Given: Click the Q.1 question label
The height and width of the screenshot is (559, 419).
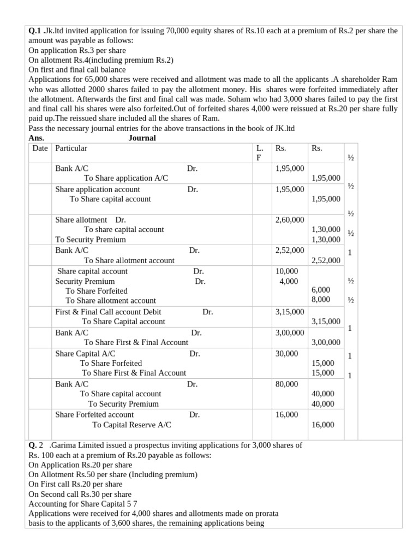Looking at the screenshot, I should (34, 31).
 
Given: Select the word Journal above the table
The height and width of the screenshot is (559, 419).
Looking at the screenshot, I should (142, 138).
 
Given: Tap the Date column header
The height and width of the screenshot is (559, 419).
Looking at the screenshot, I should (40, 148).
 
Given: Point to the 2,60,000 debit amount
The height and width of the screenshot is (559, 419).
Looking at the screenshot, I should (290, 219).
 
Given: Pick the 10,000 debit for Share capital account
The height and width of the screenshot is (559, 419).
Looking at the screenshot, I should (287, 271).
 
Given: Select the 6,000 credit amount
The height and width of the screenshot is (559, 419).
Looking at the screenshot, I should (320, 290).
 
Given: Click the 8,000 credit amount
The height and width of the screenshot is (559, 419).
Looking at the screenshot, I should (320, 300).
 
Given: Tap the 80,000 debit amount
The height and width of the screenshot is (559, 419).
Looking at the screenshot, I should (286, 384).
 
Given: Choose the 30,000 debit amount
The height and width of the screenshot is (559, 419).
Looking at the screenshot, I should (286, 354).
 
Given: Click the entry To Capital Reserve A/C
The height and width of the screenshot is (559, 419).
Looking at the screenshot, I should (131, 425).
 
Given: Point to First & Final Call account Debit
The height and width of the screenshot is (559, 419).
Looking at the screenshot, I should (108, 312).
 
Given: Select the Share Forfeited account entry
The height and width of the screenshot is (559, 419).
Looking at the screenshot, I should (94, 415).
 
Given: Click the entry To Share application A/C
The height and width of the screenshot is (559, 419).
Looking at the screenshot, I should (126, 178).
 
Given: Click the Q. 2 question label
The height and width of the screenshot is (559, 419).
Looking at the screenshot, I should (35, 445).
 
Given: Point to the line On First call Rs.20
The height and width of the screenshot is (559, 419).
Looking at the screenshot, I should (75, 484).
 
